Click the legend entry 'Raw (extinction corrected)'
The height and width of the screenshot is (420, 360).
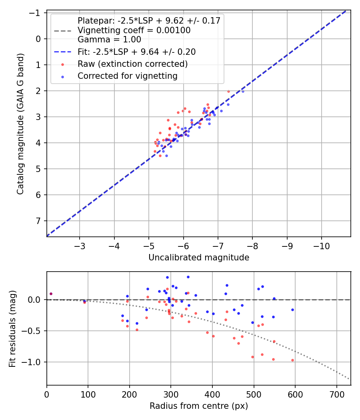click(x=132, y=64)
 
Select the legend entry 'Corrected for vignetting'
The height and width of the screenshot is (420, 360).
click(x=127, y=76)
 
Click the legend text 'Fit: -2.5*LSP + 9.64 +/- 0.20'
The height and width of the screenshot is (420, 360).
click(x=136, y=52)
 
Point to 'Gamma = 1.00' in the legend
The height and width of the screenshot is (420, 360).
click(x=109, y=40)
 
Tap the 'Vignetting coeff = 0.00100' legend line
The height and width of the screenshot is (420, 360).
click(x=134, y=30)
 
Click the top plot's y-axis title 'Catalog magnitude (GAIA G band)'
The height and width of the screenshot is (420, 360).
click(x=21, y=124)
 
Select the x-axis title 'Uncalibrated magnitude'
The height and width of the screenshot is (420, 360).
click(x=199, y=258)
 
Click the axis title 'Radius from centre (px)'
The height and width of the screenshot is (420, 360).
click(x=199, y=406)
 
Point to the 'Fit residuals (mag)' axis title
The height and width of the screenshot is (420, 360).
click(x=12, y=328)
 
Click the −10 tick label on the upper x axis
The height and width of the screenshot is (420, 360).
click(x=322, y=246)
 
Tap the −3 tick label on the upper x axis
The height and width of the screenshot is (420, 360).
click(x=80, y=246)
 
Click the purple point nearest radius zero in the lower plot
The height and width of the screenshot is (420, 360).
click(x=51, y=294)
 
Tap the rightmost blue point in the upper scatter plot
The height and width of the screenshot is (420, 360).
click(x=243, y=91)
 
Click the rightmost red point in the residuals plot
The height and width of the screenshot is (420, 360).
click(x=292, y=360)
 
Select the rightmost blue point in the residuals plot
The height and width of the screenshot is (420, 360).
click(x=292, y=310)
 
